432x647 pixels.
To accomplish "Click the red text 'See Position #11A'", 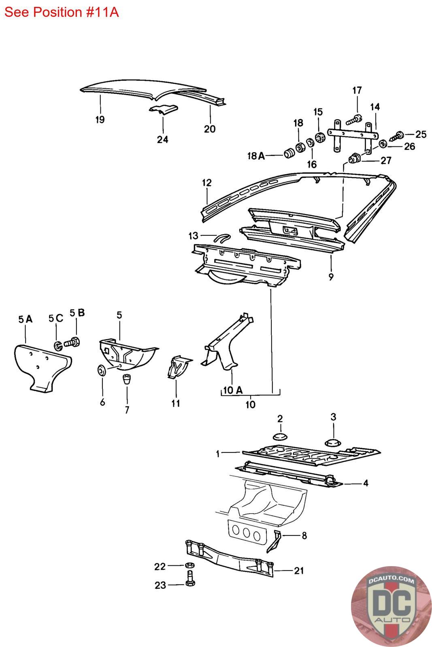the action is (61, 13).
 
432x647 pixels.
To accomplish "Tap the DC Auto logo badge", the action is (391, 606).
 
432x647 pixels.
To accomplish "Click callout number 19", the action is (100, 119).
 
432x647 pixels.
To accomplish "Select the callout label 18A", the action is (256, 156).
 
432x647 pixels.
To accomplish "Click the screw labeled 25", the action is (398, 135).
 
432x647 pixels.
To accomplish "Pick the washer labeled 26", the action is (383, 144).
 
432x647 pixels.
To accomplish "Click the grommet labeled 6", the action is (102, 370).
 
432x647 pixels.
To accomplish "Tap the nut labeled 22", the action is (189, 565).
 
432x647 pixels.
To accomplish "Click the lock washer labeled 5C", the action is (58, 345).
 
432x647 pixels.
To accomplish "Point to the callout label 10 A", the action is (233, 390).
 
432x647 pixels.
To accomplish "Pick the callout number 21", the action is (299, 571).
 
